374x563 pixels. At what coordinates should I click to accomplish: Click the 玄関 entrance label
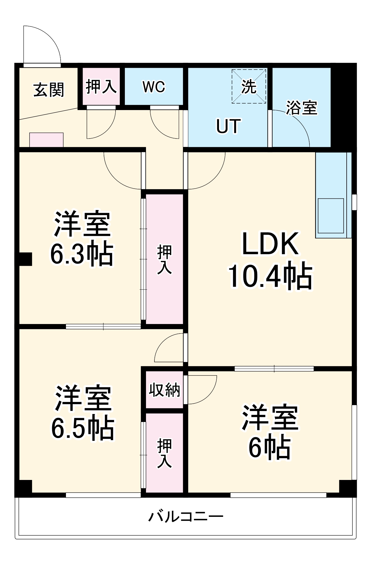(x=48, y=90)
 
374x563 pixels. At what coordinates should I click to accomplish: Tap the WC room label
(x=154, y=87)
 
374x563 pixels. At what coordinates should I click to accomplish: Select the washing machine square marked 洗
(x=249, y=86)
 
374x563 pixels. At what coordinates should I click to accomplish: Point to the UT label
(x=228, y=126)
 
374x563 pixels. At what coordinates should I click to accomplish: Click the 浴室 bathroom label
(x=302, y=108)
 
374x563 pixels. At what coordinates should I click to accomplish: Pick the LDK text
(x=270, y=244)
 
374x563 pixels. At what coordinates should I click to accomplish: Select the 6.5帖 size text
(x=83, y=428)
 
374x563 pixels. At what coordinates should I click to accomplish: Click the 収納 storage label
(x=164, y=390)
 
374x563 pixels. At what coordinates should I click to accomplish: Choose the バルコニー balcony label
(x=186, y=517)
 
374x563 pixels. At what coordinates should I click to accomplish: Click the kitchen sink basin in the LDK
(x=331, y=216)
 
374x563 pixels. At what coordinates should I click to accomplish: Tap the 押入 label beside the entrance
(x=101, y=86)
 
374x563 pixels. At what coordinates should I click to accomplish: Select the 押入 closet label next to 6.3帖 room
(x=164, y=259)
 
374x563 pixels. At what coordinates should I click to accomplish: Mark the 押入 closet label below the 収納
(x=164, y=453)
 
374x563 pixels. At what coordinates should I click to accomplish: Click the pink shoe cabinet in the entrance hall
(x=46, y=140)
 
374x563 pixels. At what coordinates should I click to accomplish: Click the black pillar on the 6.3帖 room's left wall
(x=25, y=259)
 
